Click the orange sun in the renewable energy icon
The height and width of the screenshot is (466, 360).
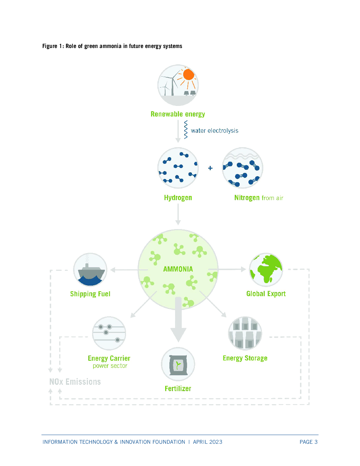189,74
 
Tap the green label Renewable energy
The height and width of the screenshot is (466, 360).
178,114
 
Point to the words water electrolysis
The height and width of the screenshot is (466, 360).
215,131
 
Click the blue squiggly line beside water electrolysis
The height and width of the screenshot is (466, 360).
186,130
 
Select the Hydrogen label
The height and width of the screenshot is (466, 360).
178,197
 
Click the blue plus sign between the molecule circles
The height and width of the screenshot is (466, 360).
210,168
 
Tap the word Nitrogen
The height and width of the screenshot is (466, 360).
247,197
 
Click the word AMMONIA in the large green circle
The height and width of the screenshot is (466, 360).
178,269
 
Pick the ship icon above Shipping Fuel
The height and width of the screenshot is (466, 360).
90,270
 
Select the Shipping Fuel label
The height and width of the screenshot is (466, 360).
90,294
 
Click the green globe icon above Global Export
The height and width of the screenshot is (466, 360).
266,270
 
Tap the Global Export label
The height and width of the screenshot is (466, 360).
266,294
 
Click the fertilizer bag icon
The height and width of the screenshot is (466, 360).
178,364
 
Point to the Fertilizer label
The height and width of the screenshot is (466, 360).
178,389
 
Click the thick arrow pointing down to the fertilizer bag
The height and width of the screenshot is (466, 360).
178,319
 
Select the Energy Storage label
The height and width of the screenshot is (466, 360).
245,358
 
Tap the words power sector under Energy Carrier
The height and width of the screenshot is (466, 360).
110,366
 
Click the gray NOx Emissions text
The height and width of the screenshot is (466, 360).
75,382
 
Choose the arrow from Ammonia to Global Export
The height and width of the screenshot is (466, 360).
227,269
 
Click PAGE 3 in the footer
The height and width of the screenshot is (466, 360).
308,442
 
